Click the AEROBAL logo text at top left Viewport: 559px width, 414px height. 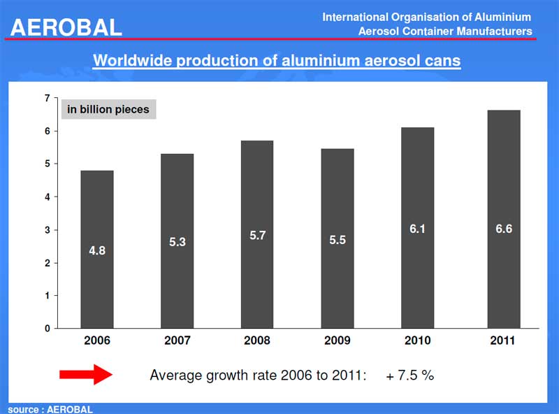(x=66, y=27)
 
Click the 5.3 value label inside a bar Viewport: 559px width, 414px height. (x=177, y=242)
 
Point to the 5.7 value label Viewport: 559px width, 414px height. (x=257, y=236)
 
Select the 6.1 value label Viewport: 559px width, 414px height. (x=418, y=229)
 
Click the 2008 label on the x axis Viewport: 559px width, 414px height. (x=257, y=341)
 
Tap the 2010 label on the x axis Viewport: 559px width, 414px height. (x=418, y=341)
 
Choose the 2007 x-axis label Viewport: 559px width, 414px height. (x=177, y=341)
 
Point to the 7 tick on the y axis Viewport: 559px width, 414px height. (x=48, y=98)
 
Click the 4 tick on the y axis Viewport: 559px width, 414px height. (x=48, y=197)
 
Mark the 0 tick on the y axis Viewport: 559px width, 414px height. (x=48, y=328)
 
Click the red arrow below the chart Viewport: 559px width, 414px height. (x=85, y=375)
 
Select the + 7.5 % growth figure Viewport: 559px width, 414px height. (x=409, y=376)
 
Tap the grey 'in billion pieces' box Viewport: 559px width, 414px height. (x=108, y=109)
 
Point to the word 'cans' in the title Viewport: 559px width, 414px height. (x=443, y=60)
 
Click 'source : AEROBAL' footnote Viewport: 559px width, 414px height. (x=50, y=409)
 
